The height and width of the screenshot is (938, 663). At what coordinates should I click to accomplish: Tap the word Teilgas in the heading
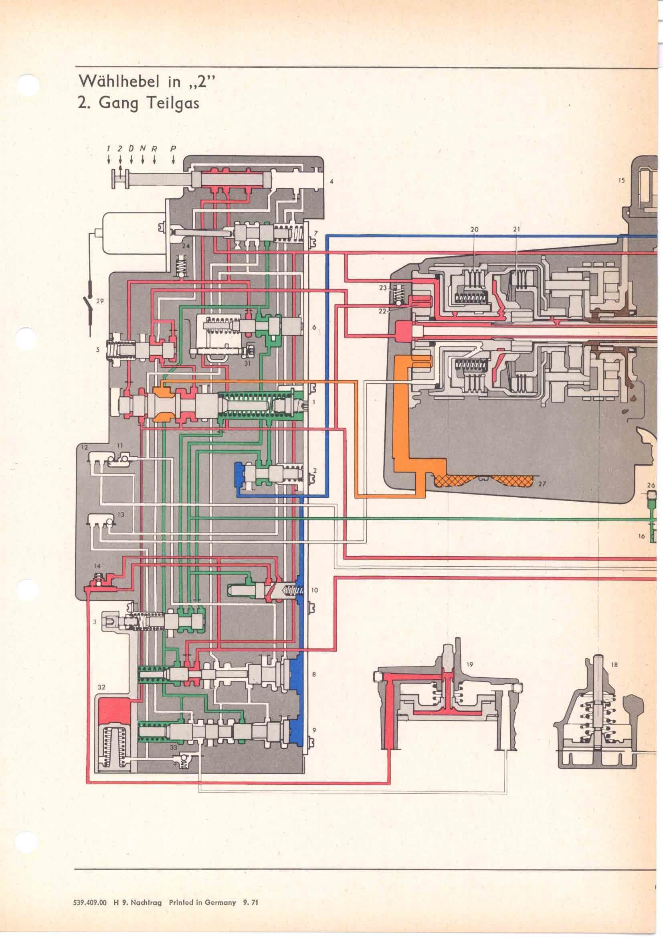tap(173, 103)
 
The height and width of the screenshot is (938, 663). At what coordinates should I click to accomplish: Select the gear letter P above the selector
tap(173, 149)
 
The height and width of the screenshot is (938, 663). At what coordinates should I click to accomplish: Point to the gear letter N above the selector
tap(142, 149)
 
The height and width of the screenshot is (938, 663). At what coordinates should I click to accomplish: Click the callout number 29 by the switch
tap(100, 301)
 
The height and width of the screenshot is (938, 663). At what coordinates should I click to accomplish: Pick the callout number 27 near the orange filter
tap(542, 484)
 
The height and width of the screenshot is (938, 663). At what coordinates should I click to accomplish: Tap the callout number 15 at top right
tap(621, 180)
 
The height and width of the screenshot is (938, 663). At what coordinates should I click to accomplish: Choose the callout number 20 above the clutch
tap(474, 230)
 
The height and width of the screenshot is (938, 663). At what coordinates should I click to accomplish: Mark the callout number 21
tap(516, 230)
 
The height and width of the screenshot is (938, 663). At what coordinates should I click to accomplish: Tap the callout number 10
tap(314, 590)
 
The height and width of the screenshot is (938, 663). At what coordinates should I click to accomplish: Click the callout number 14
tap(97, 566)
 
